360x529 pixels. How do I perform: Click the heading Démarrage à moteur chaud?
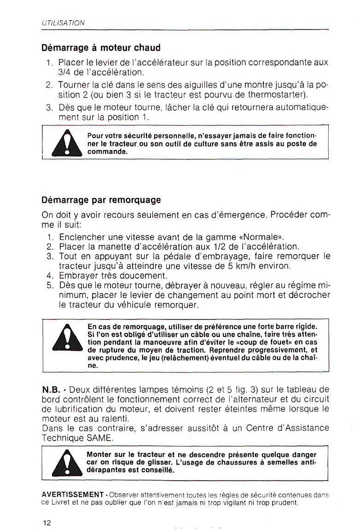(101, 47)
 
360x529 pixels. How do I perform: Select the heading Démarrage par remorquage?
(101, 200)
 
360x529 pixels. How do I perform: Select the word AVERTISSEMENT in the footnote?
(72, 494)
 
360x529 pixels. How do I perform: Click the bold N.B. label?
(51, 389)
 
